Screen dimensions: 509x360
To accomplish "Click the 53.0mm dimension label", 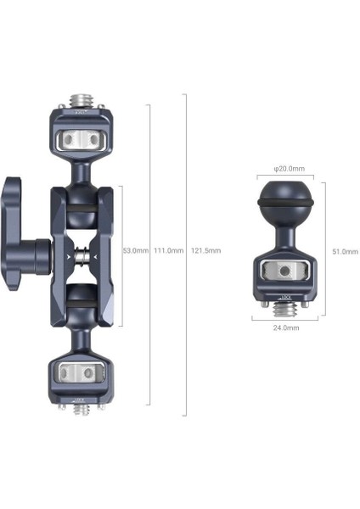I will coord(136,251).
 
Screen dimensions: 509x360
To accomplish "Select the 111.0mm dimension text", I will coord(167,251).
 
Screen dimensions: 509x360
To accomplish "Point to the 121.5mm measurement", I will coord(206,251).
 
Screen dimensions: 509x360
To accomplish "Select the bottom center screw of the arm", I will coord(81,409).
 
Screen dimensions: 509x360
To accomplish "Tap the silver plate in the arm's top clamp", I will coord(81,137).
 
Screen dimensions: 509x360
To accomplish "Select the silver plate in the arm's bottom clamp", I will coord(81,372).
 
